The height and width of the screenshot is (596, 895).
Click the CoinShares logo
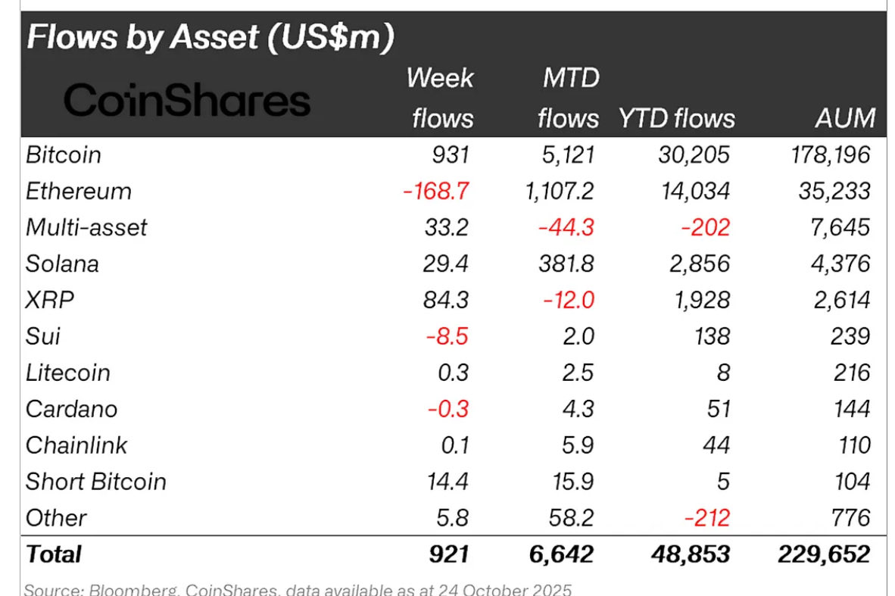(x=187, y=101)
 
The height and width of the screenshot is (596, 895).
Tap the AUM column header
(x=846, y=118)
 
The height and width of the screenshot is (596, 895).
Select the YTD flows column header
(x=676, y=118)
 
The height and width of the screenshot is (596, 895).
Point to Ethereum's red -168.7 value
(x=436, y=192)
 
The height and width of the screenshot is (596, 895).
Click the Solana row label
(x=62, y=264)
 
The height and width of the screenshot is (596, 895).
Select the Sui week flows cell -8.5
(x=447, y=336)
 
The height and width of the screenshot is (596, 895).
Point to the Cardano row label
(x=71, y=409)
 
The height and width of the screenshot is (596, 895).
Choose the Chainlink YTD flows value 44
(x=715, y=445)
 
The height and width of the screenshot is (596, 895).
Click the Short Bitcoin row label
(x=95, y=482)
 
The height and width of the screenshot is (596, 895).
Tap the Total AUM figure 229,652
(x=823, y=554)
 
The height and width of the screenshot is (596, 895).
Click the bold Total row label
(x=54, y=554)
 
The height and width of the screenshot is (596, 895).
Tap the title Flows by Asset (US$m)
(x=210, y=38)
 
